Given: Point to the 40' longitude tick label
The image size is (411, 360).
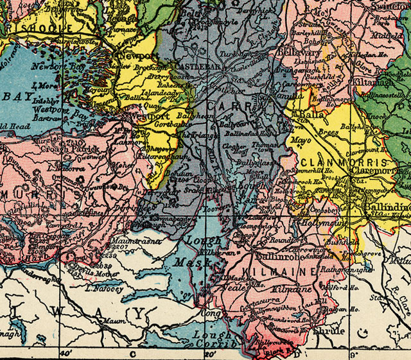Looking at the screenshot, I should (65, 353).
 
